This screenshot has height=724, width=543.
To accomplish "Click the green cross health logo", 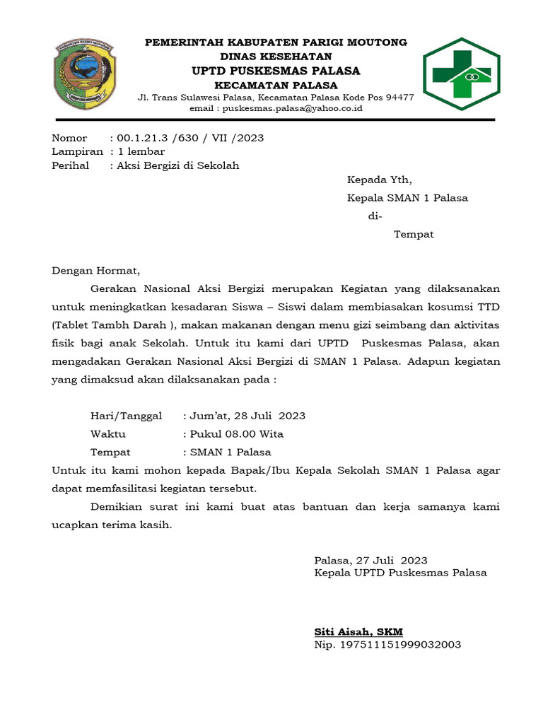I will (x=460, y=74).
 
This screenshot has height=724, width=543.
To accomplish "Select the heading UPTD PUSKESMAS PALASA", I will (x=276, y=71).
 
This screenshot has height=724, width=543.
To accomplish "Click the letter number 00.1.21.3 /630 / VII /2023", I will (x=190, y=138).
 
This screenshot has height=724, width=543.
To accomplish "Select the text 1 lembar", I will (x=141, y=151).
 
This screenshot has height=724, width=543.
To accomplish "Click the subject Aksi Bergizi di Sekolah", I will (x=178, y=165).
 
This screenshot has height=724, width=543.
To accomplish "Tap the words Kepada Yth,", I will (x=379, y=180).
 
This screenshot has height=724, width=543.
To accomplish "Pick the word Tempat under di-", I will (x=414, y=234).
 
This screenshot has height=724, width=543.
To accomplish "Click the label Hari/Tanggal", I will (x=126, y=416).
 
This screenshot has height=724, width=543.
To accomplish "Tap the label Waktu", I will (x=108, y=434).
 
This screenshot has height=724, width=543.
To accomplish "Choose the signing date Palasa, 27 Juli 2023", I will (x=370, y=560).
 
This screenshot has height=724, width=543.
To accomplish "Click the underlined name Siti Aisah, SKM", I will (x=358, y=631).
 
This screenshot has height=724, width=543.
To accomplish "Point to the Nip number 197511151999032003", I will (x=387, y=645).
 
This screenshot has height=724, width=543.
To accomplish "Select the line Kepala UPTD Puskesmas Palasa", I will (x=400, y=573).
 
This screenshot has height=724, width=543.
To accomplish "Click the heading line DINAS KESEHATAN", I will (x=276, y=57).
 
